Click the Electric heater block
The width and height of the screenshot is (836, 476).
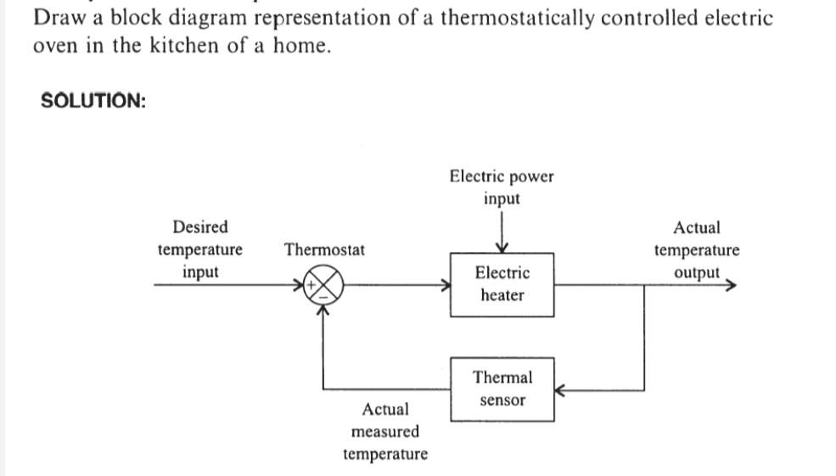[502, 284]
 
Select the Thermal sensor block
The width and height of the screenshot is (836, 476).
[502, 389]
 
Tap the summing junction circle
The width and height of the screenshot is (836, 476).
[323, 285]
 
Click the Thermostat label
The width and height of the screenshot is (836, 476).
[325, 249]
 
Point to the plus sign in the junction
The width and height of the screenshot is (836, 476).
[312, 284]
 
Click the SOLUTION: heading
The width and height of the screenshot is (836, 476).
[93, 101]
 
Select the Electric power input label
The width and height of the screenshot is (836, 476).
[502, 188]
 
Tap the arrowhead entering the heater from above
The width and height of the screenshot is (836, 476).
[502, 247]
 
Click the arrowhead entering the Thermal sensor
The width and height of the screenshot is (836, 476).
[559, 391]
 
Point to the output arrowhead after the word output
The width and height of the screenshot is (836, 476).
[729, 285]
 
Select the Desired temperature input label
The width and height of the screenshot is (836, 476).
[200, 249]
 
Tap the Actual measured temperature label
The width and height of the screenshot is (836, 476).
[385, 432]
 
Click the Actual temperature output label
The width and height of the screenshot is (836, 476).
[696, 250]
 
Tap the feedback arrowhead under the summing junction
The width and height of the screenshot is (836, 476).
[323, 308]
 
